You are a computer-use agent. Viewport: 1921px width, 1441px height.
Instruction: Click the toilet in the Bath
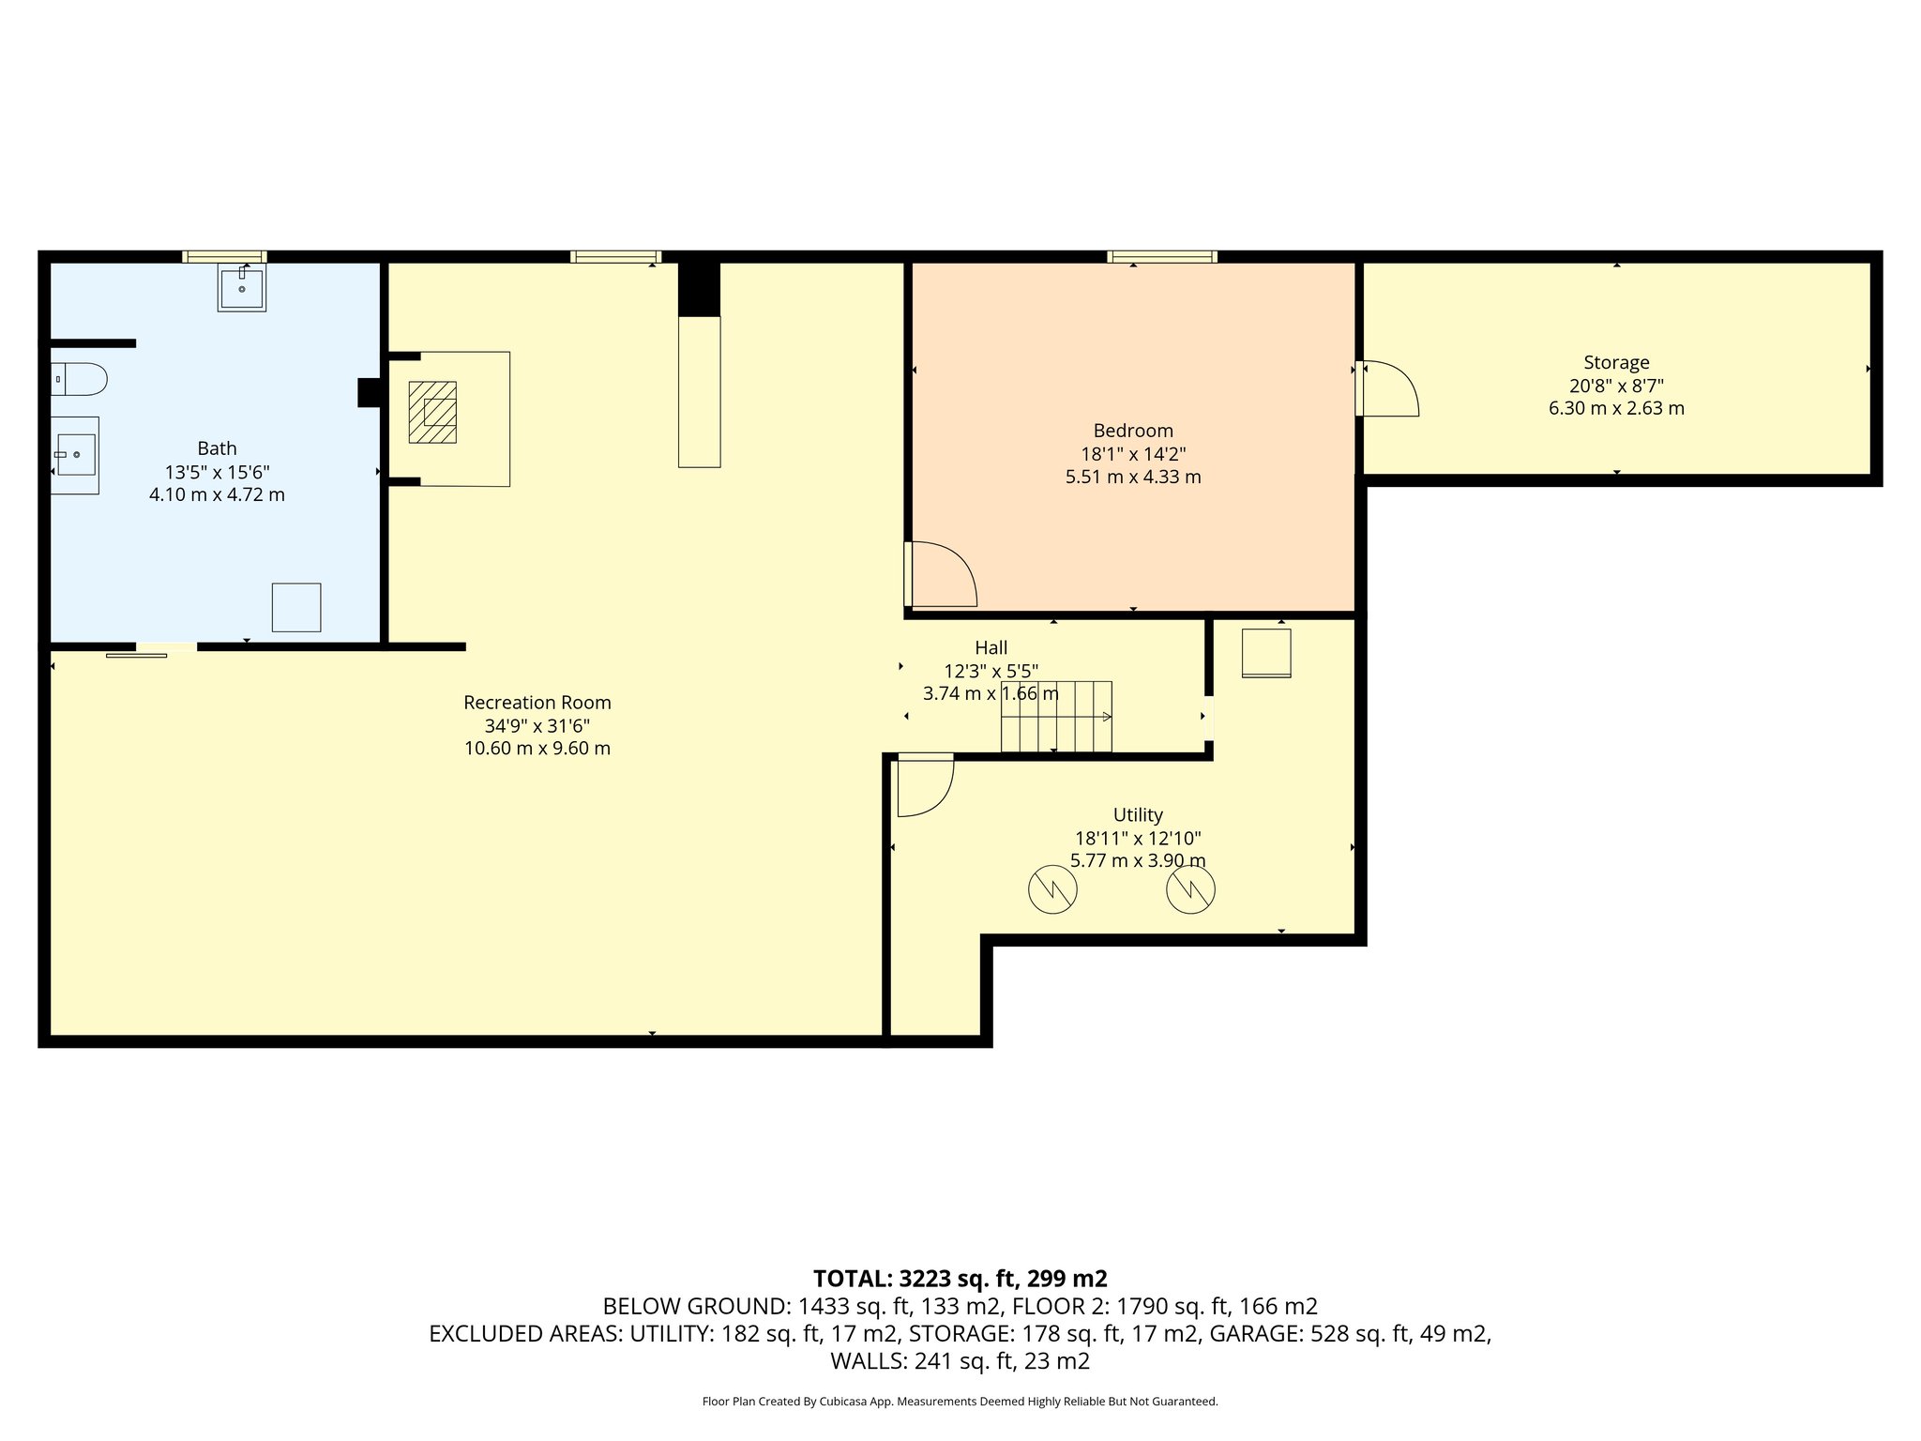(x=79, y=379)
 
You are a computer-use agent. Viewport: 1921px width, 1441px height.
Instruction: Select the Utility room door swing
(x=926, y=784)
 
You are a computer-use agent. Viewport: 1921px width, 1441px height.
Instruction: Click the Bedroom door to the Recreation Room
(x=941, y=574)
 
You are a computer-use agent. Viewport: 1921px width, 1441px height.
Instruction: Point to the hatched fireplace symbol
(x=432, y=412)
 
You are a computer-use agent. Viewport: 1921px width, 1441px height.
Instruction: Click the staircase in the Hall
(x=1056, y=717)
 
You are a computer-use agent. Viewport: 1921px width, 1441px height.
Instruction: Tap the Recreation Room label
(x=537, y=703)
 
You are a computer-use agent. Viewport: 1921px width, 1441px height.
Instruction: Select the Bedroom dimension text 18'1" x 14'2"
(x=1133, y=454)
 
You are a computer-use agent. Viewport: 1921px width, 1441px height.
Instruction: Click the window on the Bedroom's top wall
(x=1162, y=256)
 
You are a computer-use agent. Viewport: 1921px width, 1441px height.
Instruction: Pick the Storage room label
(x=1616, y=362)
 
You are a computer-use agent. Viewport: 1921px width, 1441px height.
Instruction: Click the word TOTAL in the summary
(x=852, y=1279)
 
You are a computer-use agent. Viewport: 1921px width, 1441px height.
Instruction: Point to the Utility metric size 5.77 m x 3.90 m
(x=1138, y=861)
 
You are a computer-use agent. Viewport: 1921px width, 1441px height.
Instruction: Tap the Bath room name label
(x=217, y=448)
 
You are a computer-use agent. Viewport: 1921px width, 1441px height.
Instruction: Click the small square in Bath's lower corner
(x=296, y=607)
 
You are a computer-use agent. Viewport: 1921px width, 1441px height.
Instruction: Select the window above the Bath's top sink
(x=224, y=256)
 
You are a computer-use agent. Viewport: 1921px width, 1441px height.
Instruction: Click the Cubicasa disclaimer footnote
(x=960, y=1402)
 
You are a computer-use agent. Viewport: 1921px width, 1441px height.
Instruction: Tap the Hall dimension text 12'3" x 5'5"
(x=991, y=671)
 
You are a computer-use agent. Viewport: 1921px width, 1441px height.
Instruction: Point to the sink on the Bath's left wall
(x=75, y=455)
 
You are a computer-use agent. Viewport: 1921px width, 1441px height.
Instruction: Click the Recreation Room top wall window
(x=615, y=256)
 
